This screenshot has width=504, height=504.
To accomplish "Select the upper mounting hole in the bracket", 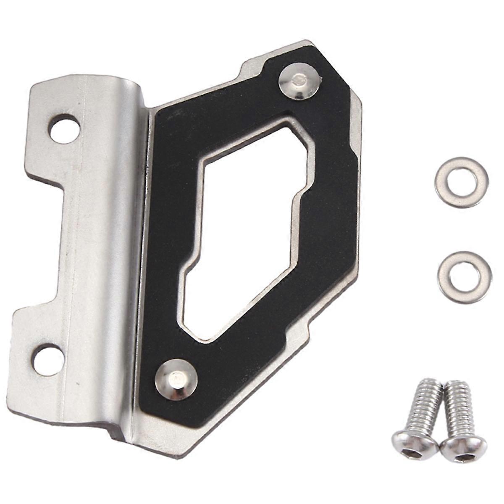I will click(64, 129).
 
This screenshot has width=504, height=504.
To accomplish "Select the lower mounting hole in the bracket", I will click(49, 360).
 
